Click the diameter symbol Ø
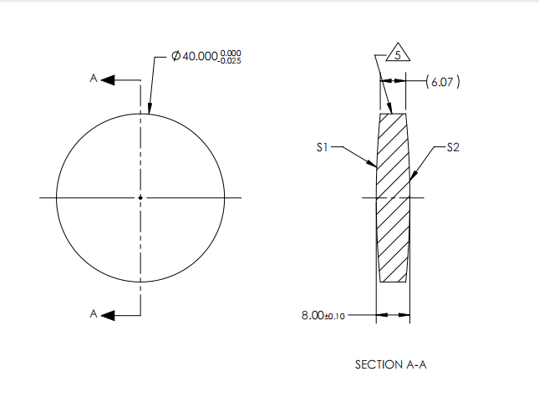pos(176,56)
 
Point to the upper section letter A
pos(94,79)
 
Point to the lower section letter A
pos(94,314)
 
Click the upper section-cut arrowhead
pos(110,79)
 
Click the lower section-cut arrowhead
pos(110,315)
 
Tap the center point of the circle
pos(140,197)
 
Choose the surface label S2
pos(452,147)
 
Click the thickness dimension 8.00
pos(313,315)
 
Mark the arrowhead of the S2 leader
pos(414,177)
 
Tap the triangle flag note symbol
pos(398,51)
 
